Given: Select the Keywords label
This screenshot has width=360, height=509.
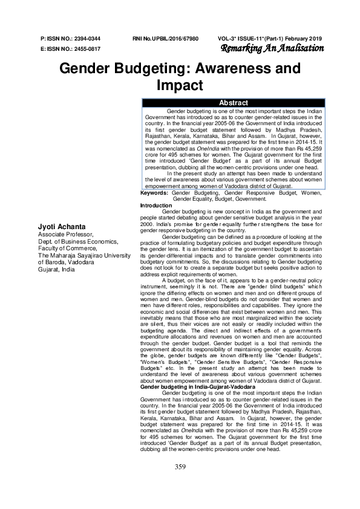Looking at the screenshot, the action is pos(154,193).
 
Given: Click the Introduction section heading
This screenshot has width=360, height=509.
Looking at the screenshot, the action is pos(157,206).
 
